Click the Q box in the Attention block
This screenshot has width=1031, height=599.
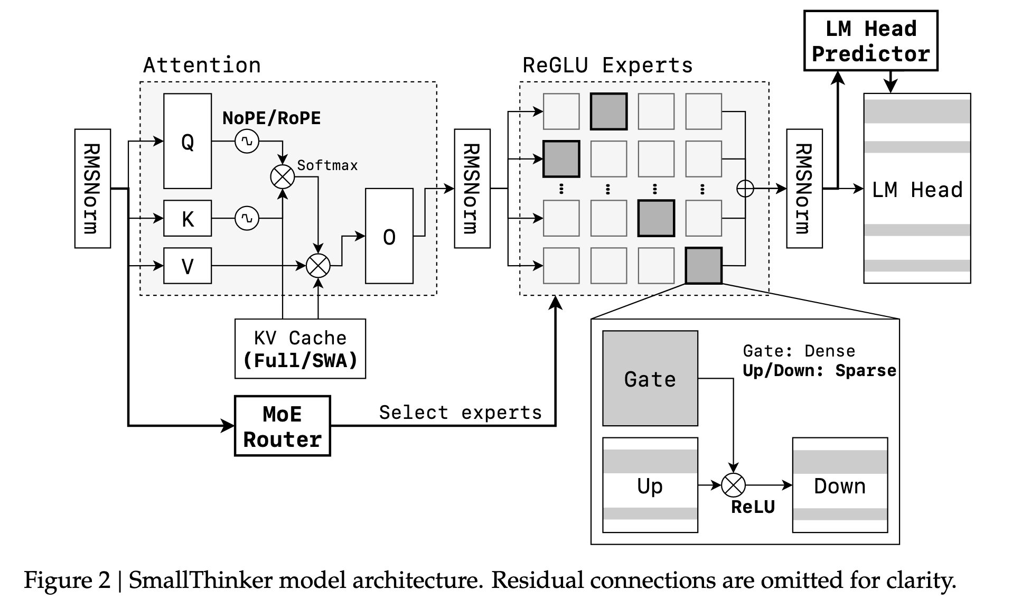point(188,141)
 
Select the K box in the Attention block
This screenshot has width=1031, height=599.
point(188,218)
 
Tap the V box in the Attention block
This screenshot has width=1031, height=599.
point(188,266)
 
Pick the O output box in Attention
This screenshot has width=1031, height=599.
point(389,236)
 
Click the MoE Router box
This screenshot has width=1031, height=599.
point(283,426)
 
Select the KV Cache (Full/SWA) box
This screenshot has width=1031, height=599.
point(300,349)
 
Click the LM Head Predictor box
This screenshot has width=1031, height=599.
point(871,41)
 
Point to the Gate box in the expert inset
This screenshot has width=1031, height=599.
point(650,378)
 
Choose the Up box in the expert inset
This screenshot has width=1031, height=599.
point(650,485)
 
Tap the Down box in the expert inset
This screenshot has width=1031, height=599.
point(840,485)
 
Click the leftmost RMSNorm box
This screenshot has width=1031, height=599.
point(93,189)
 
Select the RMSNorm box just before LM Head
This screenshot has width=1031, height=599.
point(804,189)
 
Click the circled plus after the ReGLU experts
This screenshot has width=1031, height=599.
point(745,189)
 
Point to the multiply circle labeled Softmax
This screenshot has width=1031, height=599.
point(283,177)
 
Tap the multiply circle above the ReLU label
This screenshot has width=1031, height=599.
point(734,485)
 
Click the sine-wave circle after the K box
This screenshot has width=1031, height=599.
point(247,218)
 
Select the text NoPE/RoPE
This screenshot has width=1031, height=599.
point(271,118)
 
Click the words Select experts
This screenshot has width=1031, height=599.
point(461,413)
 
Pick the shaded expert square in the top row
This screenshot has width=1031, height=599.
point(608,111)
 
